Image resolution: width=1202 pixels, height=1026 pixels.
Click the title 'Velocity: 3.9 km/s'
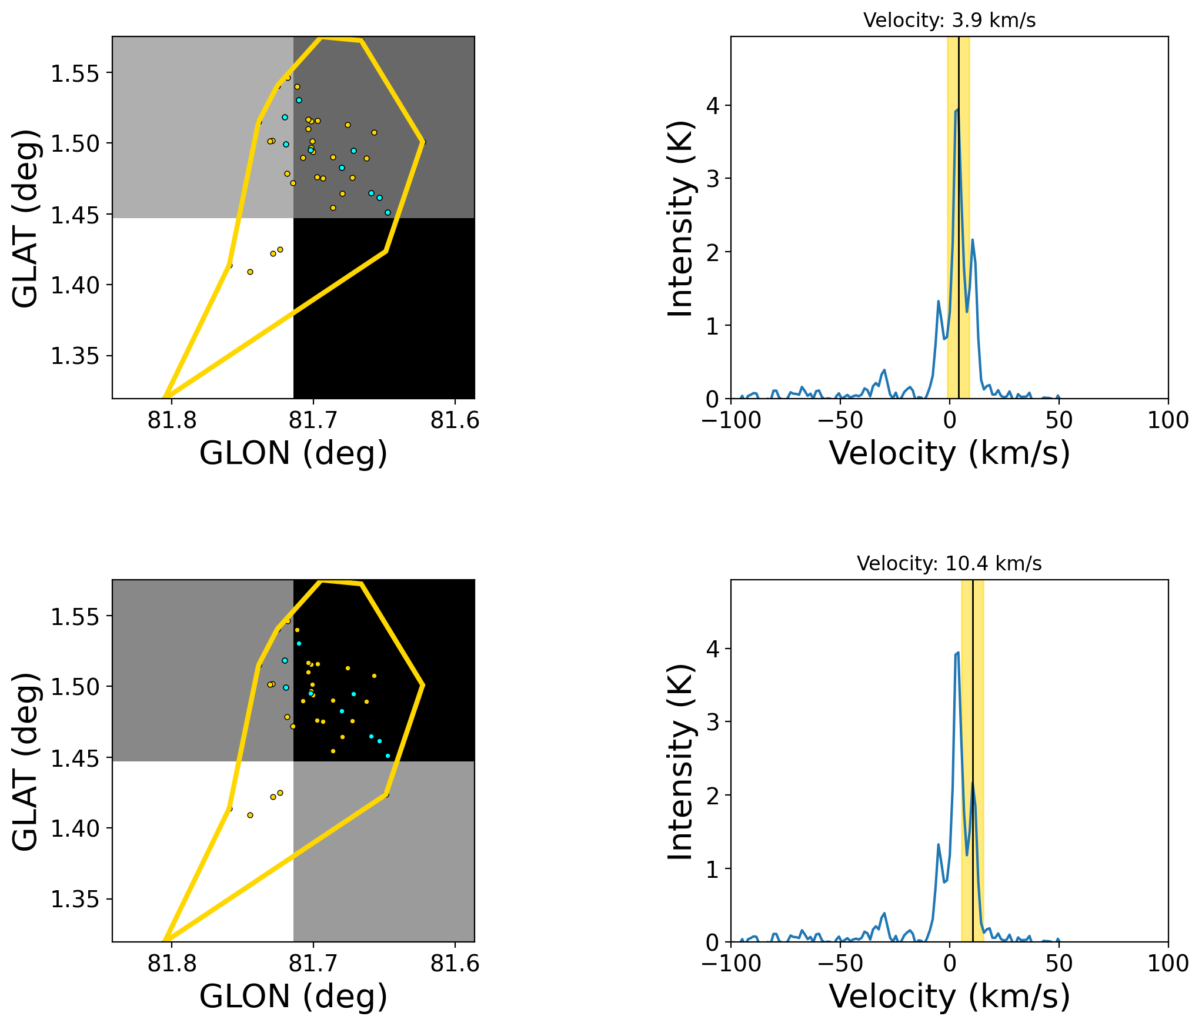(949, 21)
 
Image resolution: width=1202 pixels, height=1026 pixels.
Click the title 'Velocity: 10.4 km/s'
(949, 564)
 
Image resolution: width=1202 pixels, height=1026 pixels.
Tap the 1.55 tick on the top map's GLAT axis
(74, 73)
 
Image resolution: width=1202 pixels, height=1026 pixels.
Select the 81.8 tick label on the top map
(172, 420)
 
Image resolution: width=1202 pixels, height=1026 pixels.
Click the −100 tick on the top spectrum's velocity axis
(732, 420)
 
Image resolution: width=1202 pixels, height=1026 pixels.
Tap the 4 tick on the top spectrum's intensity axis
(713, 106)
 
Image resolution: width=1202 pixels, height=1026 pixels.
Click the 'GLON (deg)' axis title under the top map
(293, 454)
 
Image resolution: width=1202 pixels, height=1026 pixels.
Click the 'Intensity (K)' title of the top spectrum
(680, 218)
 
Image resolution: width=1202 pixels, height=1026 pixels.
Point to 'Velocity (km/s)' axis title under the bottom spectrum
(949, 997)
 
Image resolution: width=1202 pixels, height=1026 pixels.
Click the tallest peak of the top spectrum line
(957, 109)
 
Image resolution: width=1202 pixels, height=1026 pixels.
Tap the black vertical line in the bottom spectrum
(973, 706)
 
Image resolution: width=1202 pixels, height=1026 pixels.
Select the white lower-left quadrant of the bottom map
(176, 823)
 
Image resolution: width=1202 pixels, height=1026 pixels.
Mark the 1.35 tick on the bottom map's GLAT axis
(74, 899)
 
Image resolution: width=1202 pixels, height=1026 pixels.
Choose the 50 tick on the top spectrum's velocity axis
(1059, 420)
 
